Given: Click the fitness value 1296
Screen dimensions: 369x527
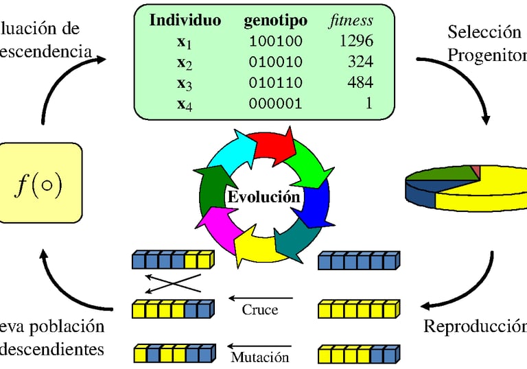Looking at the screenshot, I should click(x=356, y=41).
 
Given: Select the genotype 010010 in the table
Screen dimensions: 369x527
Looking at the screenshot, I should click(x=275, y=62).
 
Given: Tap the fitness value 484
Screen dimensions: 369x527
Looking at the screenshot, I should click(x=360, y=83).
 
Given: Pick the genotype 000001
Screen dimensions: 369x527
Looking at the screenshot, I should click(x=275, y=104).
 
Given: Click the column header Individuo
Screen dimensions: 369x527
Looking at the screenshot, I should click(x=185, y=20).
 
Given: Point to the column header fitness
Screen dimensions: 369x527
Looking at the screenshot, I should click(x=350, y=20).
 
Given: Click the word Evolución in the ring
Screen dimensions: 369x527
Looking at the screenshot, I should click(x=263, y=197).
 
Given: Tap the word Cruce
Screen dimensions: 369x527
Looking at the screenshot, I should click(x=260, y=309).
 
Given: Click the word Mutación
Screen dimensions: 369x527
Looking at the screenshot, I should click(x=260, y=357).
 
